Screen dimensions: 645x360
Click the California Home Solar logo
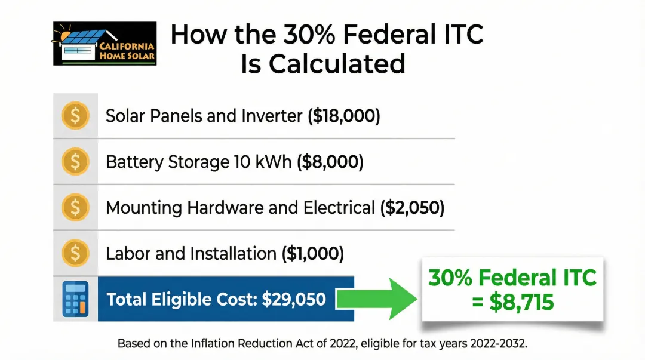coord(105,44)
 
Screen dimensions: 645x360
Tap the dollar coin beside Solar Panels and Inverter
coord(75,116)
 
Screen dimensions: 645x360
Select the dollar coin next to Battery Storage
coord(75,161)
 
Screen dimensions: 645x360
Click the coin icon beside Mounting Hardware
coord(75,207)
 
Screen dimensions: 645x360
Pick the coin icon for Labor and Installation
coord(75,253)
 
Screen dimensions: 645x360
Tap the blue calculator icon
coord(75,299)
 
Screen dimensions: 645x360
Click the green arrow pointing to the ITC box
coord(376,299)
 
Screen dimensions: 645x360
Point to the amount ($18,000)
coord(344,116)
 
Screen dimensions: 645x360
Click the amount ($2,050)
coord(412,208)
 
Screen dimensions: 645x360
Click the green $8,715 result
coord(521,303)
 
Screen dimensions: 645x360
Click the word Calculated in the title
coord(337,64)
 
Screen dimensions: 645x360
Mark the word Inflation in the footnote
coord(212,343)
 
